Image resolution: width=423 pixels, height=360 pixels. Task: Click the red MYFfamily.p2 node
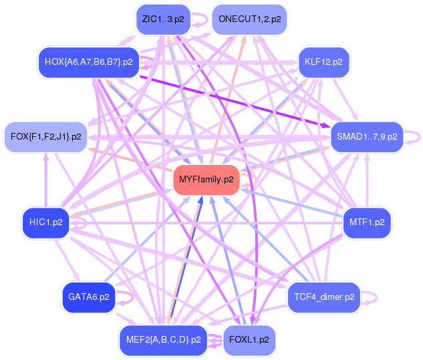pyautogui.click(x=206, y=179)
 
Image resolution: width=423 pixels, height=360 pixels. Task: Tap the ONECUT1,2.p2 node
pyautogui.click(x=249, y=19)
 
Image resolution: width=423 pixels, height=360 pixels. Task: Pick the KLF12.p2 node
pyautogui.click(x=323, y=62)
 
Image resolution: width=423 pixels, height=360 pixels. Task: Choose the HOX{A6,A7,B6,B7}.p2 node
pyautogui.click(x=88, y=62)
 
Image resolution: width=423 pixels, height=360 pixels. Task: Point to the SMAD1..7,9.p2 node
pyautogui.click(x=367, y=137)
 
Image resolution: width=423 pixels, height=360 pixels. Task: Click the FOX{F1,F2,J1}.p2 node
pyautogui.click(x=46, y=137)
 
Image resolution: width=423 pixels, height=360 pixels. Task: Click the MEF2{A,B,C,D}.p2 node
pyautogui.click(x=163, y=339)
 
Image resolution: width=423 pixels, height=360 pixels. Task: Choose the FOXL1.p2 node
pyautogui.click(x=249, y=339)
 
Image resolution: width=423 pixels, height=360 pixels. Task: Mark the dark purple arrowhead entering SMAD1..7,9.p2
pyautogui.click(x=325, y=125)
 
